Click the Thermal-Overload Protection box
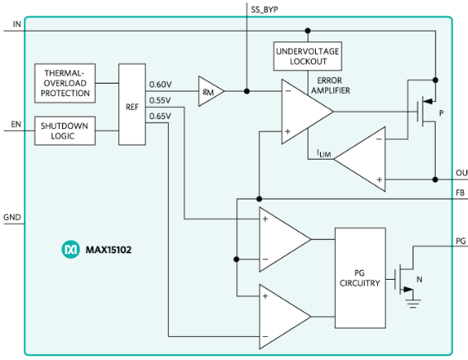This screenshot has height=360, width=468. tap(65, 84)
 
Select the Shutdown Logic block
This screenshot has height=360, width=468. tap(65, 131)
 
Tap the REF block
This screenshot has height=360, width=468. tap(132, 104)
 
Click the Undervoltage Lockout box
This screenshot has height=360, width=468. tap(308, 56)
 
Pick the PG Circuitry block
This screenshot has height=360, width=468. tap(361, 278)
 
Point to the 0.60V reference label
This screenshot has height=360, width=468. tap(160, 84)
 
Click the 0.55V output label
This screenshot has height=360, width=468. tap(160, 100)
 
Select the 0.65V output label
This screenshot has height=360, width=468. tap(160, 116)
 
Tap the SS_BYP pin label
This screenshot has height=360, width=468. tap(265, 10)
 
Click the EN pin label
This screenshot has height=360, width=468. tap(16, 124)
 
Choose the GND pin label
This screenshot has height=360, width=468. tap(12, 217)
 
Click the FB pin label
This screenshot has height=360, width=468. tap(461, 193)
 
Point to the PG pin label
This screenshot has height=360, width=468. tap(461, 241)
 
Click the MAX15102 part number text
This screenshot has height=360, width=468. tap(108, 250)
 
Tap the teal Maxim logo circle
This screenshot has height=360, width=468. tap(71, 249)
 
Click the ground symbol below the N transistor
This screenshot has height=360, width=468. tap(413, 304)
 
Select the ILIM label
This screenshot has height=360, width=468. tap(324, 154)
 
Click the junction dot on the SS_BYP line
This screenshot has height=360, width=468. tap(247, 91)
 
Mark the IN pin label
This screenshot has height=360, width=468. tap(17, 24)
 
